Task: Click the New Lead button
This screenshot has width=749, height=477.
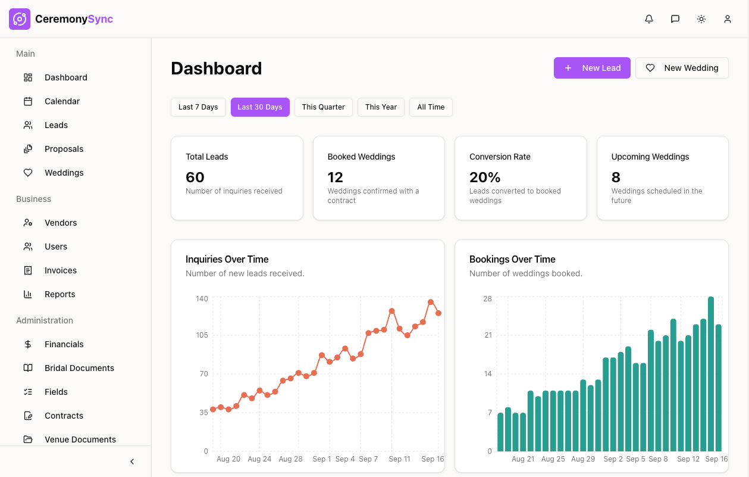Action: [x=592, y=68]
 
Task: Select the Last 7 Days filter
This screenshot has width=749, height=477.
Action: [x=198, y=107]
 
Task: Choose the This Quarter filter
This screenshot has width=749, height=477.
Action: [x=323, y=107]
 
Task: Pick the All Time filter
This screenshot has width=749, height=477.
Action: [x=431, y=107]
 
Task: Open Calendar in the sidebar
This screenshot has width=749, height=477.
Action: [x=62, y=101]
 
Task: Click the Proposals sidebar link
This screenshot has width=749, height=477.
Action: [x=64, y=149]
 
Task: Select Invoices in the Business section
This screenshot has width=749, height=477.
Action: [x=60, y=270]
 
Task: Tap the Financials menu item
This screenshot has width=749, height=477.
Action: [x=64, y=344]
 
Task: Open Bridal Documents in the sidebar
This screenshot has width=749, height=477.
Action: [x=79, y=368]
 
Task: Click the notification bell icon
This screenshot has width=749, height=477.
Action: [x=649, y=19]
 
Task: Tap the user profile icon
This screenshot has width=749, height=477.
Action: [x=728, y=19]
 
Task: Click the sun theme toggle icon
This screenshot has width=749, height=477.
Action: [x=701, y=19]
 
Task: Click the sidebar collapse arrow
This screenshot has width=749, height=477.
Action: [x=132, y=462]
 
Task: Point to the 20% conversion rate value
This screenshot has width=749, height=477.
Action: [x=485, y=177]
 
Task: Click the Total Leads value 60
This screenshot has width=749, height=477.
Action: [x=195, y=177]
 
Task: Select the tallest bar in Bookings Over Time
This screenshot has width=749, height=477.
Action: [x=711, y=374]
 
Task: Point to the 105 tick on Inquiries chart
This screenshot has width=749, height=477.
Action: [x=202, y=335]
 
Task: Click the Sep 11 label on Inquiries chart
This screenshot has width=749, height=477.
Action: [x=399, y=459]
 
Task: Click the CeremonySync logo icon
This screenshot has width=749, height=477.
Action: [x=20, y=19]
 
